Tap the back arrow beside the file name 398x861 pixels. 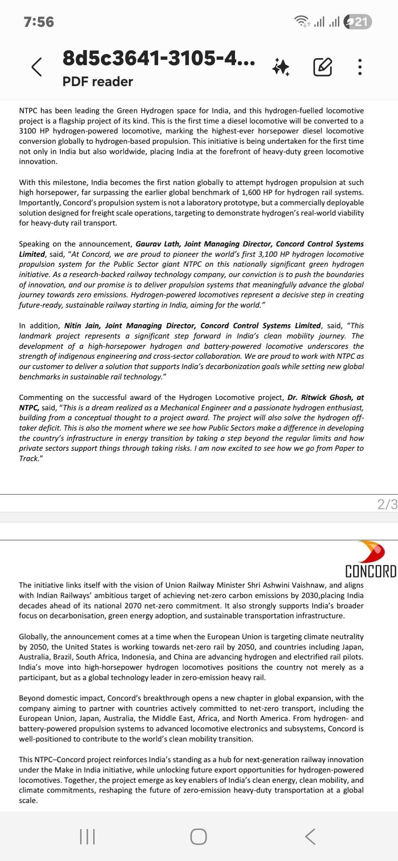[x=36, y=67]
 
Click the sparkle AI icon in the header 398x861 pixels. [x=281, y=67]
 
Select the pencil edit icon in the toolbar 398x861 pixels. [x=322, y=67]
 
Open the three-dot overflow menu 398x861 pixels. [x=360, y=67]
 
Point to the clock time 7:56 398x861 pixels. [x=39, y=22]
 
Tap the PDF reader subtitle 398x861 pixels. [x=98, y=81]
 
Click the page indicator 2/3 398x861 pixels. [x=387, y=504]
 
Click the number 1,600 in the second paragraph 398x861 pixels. [x=251, y=192]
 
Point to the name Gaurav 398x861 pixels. [x=149, y=244]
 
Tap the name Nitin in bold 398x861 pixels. [x=73, y=326]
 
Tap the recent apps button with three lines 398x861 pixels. [x=87, y=836]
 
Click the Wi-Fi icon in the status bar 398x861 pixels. [x=302, y=22]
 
